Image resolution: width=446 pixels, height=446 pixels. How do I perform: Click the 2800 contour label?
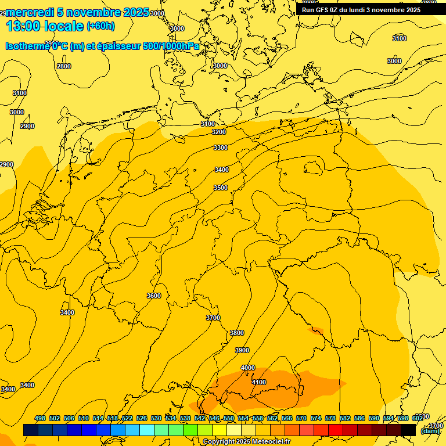[64, 66]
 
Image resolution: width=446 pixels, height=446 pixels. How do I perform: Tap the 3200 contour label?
[219, 132]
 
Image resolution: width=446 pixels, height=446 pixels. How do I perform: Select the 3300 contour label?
[221, 148]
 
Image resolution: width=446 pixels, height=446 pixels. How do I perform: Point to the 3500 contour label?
[221, 188]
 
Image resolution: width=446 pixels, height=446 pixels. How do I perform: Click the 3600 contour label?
[154, 296]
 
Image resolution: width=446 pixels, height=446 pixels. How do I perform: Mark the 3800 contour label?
[237, 333]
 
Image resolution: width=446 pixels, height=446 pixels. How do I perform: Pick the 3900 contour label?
[242, 351]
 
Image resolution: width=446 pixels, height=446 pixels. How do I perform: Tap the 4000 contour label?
[248, 368]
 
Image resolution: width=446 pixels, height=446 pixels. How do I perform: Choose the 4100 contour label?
[259, 382]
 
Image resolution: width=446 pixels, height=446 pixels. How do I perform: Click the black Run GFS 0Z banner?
[361, 10]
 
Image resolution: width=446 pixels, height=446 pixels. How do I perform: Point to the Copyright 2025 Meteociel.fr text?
[246, 442]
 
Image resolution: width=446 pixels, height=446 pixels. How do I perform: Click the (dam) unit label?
[430, 431]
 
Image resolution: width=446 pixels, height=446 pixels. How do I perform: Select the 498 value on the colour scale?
[40, 419]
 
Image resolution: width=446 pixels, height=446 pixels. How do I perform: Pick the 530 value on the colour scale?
[156, 419]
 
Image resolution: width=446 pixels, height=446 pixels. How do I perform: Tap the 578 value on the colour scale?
[330, 419]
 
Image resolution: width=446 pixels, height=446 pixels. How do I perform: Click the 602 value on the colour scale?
[418, 419]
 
